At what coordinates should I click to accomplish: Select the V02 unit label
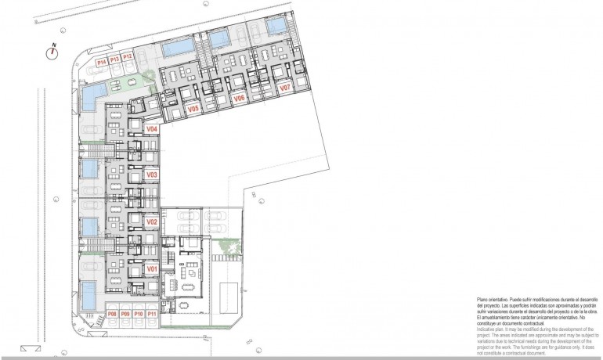152,222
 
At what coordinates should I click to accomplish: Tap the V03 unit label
152,175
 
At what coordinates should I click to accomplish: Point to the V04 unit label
152,128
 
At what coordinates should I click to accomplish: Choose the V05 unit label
194,110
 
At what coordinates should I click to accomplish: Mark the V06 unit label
240,99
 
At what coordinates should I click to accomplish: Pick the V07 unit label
285,88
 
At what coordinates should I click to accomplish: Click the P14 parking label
101,61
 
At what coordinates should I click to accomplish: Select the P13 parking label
114,59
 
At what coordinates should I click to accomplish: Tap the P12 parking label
128,56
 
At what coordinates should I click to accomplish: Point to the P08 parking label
112,315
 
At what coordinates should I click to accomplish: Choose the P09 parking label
125,315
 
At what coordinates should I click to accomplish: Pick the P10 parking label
139,315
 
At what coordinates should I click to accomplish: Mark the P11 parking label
152,315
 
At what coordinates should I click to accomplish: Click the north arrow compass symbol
53,52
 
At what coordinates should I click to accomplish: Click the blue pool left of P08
89,296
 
